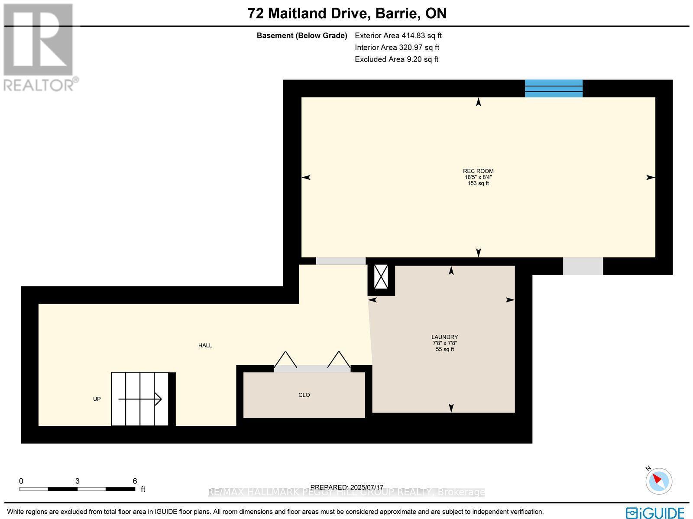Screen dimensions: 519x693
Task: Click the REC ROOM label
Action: pyautogui.click(x=478, y=171)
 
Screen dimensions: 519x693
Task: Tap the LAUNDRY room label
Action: pyautogui.click(x=444, y=337)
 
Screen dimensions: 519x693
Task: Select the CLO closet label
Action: pyautogui.click(x=304, y=395)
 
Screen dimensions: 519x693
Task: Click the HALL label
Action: pyautogui.click(x=205, y=345)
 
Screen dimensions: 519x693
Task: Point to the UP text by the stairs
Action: pyautogui.click(x=97, y=399)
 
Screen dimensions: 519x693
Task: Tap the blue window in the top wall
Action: pyautogui.click(x=554, y=88)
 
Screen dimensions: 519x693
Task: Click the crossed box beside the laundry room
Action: pyautogui.click(x=381, y=276)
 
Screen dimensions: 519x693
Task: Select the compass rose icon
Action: pyautogui.click(x=658, y=481)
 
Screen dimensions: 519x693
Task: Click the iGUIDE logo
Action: pyautogui.click(x=655, y=513)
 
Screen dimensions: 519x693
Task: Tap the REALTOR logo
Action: pyautogui.click(x=40, y=48)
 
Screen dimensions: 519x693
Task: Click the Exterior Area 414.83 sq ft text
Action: pyautogui.click(x=398, y=36)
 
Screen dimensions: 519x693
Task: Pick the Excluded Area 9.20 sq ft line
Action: pyautogui.click(x=396, y=59)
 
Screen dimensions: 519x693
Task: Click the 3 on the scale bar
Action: pyautogui.click(x=77, y=481)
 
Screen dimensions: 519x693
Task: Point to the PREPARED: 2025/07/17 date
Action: pyautogui.click(x=347, y=487)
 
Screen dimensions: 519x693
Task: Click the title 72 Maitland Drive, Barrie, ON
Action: pyautogui.click(x=347, y=13)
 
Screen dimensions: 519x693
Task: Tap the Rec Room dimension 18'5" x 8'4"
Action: pyautogui.click(x=478, y=177)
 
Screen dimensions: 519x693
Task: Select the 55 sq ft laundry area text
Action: pyautogui.click(x=444, y=349)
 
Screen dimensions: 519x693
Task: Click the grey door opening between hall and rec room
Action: pyautogui.click(x=340, y=261)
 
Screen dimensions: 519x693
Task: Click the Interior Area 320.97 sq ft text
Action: pyautogui.click(x=397, y=48)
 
